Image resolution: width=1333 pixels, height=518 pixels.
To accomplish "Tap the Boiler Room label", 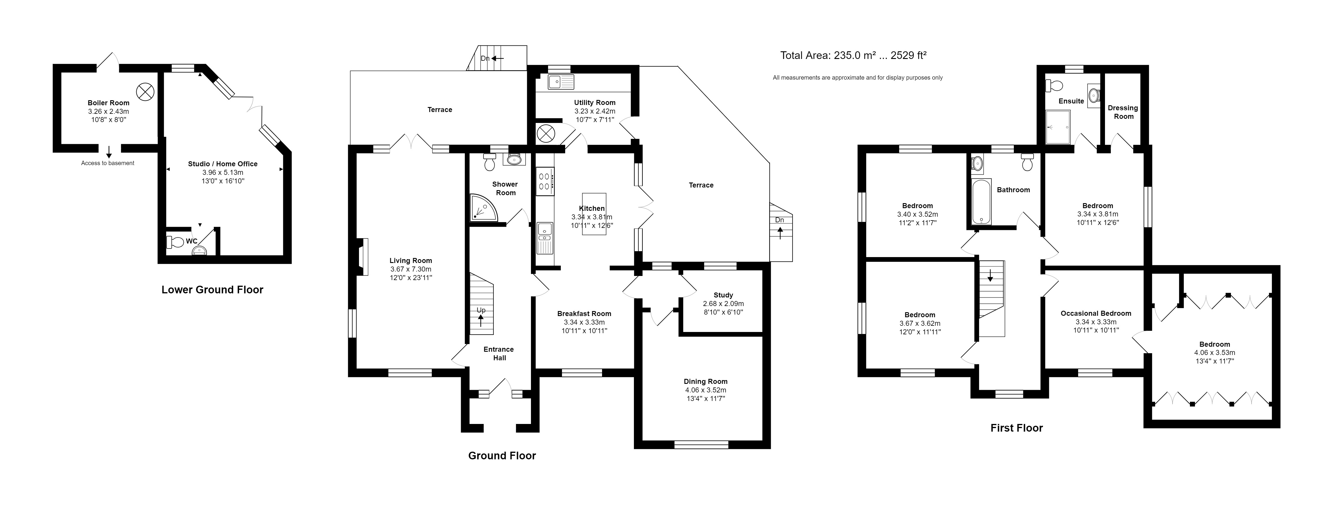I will click(x=108, y=103).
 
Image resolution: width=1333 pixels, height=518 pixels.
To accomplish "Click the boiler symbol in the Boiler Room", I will click(x=145, y=92).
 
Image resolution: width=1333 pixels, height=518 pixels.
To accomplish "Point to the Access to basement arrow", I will click(x=109, y=152).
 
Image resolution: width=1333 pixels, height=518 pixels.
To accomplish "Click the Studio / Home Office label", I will click(x=222, y=164).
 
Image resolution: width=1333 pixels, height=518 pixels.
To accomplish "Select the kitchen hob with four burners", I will click(x=544, y=181).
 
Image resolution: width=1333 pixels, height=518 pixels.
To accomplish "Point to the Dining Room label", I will click(x=705, y=381).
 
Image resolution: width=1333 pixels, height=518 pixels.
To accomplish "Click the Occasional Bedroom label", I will click(x=1096, y=313).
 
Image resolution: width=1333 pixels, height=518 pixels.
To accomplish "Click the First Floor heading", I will click(x=1016, y=428).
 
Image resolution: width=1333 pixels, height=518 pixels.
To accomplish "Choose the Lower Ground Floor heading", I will click(x=212, y=290).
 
